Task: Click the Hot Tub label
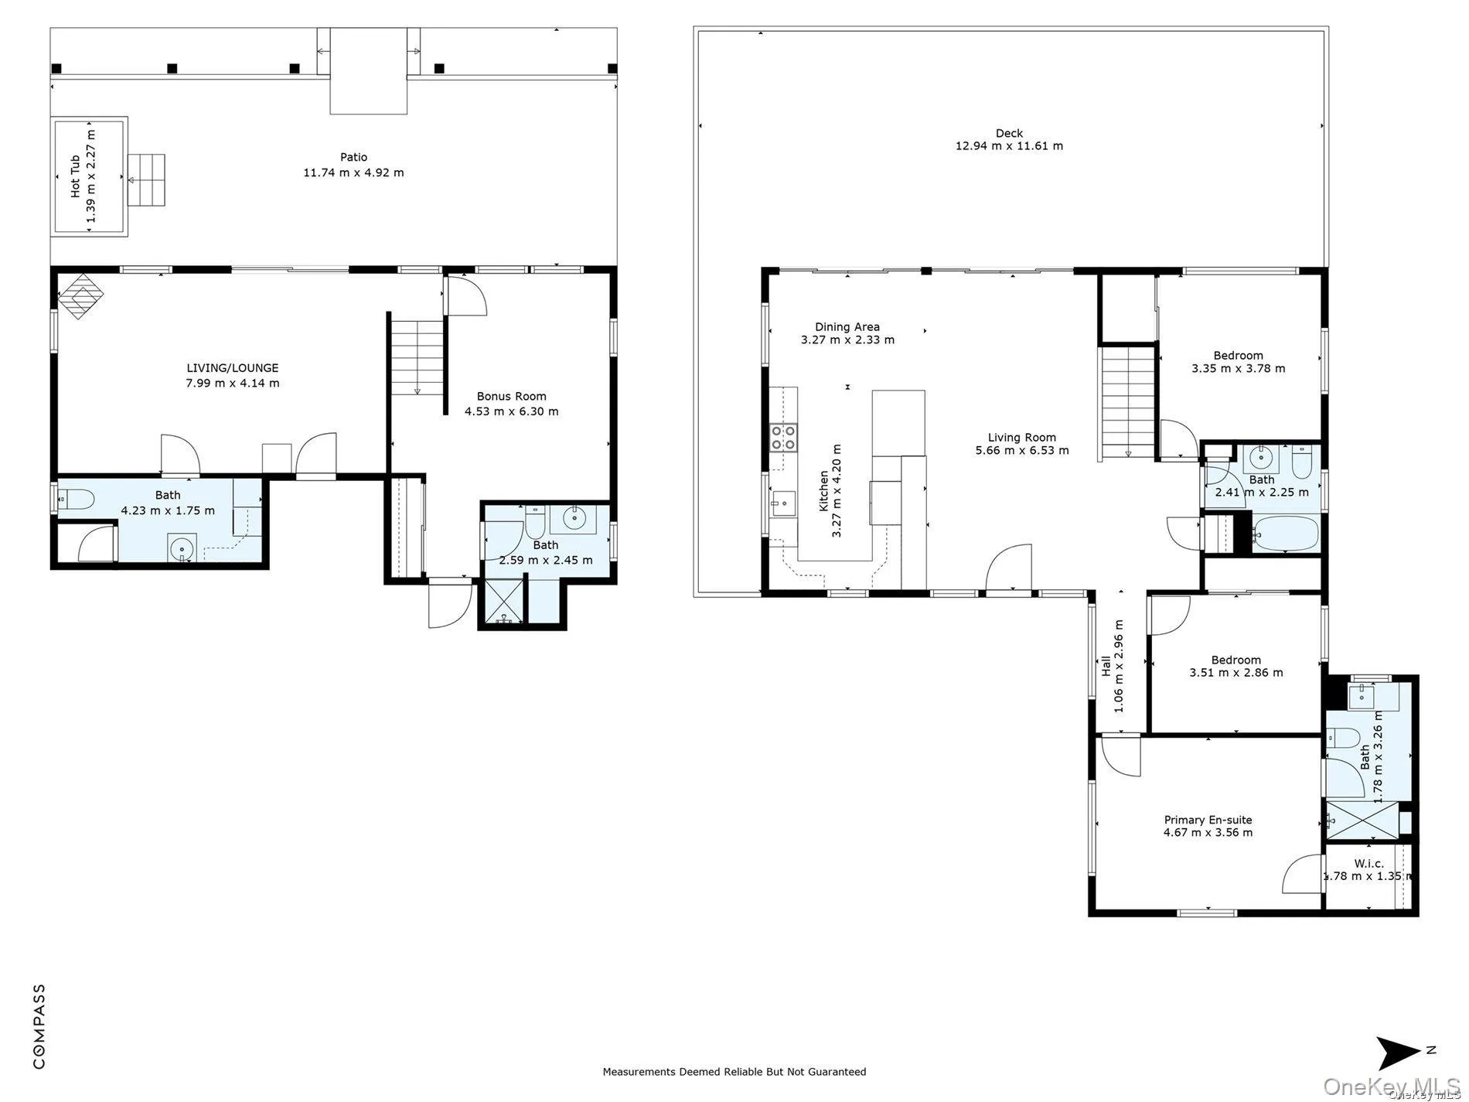coord(76,176)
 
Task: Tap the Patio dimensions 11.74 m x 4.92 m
coord(353,172)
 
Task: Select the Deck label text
coord(1009,133)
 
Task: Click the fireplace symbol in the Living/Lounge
coord(82,298)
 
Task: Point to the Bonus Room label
coord(511,396)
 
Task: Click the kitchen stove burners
coord(782,438)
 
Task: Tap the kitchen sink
coord(782,505)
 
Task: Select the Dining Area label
coord(847,326)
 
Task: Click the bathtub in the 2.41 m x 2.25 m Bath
coord(1284,534)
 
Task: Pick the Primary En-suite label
coord(1208,820)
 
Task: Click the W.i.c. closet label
coord(1368,864)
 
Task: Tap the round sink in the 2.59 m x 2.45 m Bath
coord(574,519)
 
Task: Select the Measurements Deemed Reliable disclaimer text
coord(734,1072)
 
